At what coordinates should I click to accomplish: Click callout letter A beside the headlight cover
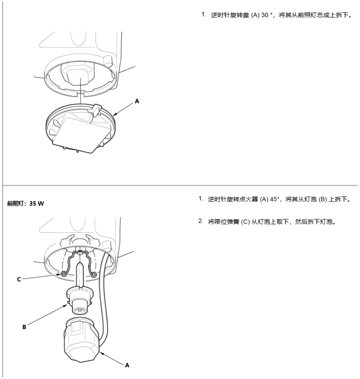pos(137,102)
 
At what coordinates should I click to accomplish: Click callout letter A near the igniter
pos(127,365)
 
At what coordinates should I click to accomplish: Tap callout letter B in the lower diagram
pos(24,327)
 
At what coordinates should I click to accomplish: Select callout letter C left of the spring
pos(20,279)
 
